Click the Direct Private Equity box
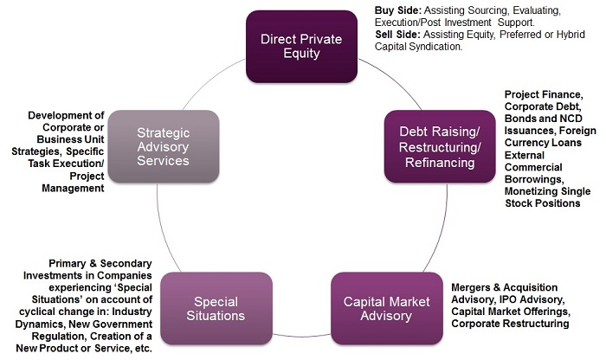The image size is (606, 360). point(301,47)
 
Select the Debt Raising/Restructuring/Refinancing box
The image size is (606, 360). point(440,147)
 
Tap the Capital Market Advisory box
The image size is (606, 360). point(387,308)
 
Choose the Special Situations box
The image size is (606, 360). point(216,308)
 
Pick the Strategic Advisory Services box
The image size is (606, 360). point(164,146)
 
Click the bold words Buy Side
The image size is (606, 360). point(398,10)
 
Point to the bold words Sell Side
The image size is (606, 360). point(397,35)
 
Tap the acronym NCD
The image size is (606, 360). point(571,119)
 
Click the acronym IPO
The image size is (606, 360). point(507,299)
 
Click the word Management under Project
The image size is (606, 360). point(73,188)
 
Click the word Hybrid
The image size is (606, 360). point(571,35)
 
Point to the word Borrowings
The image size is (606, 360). point(534,179)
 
